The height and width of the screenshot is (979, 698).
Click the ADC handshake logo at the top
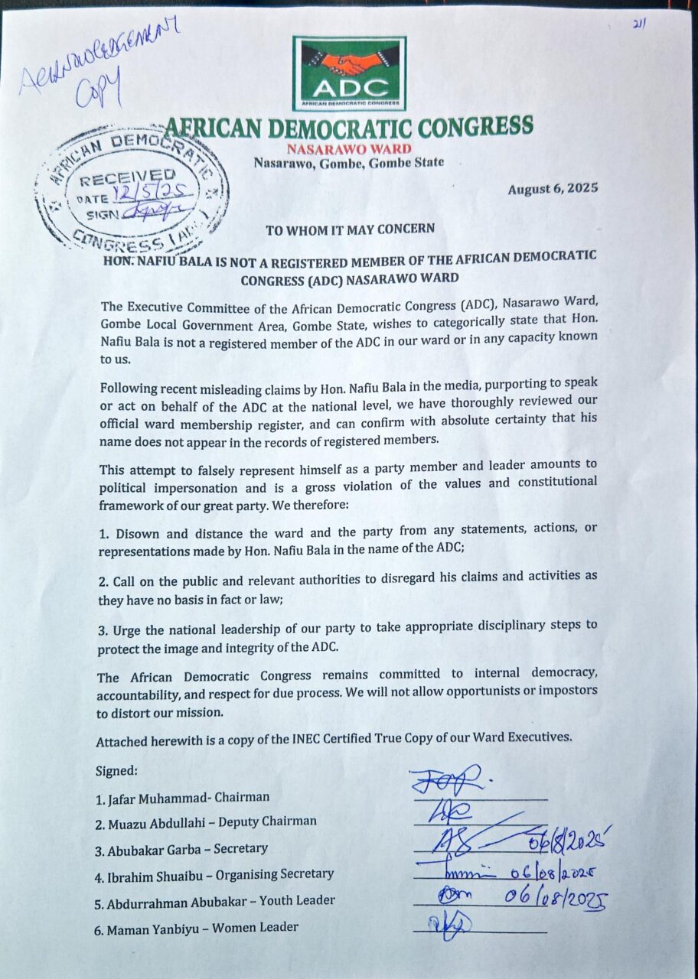[x=349, y=73]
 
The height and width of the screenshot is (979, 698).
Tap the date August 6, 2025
[x=553, y=188]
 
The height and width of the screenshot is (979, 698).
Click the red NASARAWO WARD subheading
[x=349, y=148]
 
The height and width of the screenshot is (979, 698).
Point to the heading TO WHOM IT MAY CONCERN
[x=350, y=229]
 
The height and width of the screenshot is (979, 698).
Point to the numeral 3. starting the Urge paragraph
[x=102, y=626]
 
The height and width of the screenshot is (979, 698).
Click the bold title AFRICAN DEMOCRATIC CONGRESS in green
[x=349, y=127]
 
